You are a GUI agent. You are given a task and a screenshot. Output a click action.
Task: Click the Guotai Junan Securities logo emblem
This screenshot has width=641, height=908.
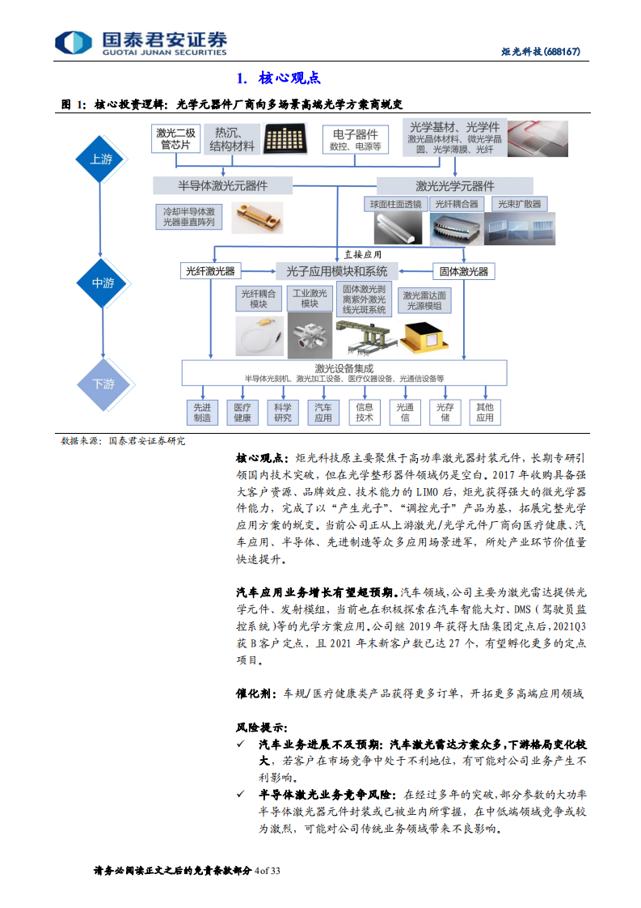click(x=73, y=42)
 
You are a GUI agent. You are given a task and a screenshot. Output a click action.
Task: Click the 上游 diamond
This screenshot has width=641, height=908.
click(x=103, y=159)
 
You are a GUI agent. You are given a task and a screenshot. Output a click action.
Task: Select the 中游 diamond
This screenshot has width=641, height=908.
click(x=103, y=283)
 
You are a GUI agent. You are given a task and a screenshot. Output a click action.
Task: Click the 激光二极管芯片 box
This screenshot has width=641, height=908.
click(x=175, y=138)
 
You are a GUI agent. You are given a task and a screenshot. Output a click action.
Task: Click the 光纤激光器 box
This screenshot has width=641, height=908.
click(x=210, y=270)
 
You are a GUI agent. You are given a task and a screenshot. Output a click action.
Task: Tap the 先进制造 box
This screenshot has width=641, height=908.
click(x=202, y=412)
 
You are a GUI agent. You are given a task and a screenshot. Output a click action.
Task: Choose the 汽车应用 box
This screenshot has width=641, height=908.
click(x=323, y=412)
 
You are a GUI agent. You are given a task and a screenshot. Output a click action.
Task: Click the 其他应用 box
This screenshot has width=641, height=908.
click(x=485, y=412)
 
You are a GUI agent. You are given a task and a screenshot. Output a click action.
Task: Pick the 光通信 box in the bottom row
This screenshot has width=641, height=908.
click(x=404, y=412)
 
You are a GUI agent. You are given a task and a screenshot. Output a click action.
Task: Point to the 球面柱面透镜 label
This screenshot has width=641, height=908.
click(x=395, y=204)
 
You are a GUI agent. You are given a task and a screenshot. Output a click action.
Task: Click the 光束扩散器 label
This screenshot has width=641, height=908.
click(x=520, y=204)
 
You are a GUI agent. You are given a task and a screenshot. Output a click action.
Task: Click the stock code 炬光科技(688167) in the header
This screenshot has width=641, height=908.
click(x=541, y=53)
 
